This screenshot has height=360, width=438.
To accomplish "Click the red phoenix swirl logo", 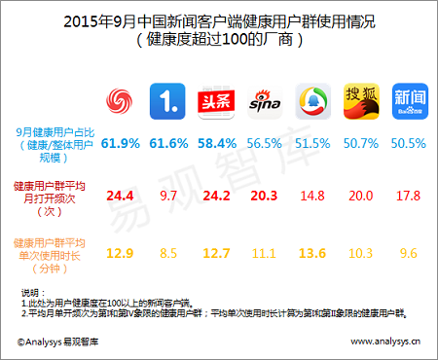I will [x=120, y=100].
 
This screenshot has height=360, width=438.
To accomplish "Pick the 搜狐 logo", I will [x=359, y=100].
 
